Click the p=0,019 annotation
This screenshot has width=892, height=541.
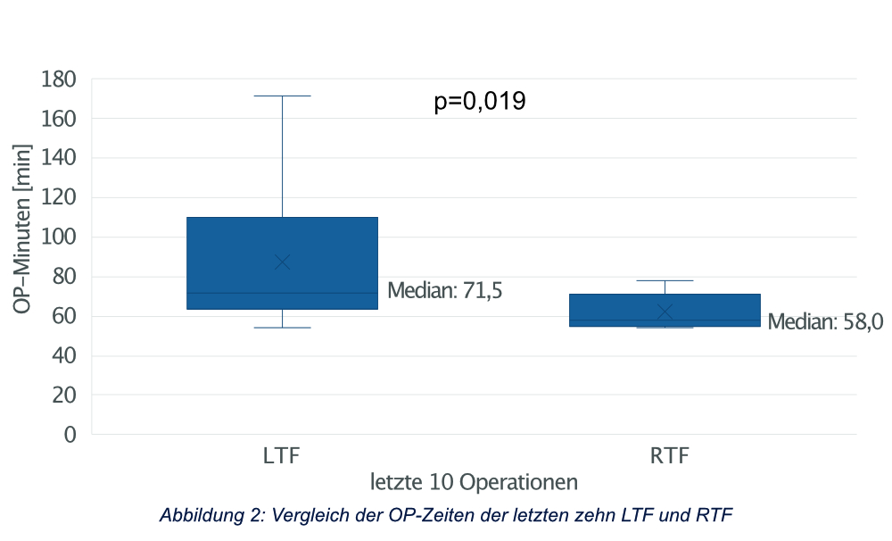click(480, 102)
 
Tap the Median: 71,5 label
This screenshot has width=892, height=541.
click(445, 290)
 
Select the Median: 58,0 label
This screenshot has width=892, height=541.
click(825, 321)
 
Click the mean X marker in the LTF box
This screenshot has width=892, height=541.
click(282, 262)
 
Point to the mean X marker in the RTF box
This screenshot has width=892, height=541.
click(665, 311)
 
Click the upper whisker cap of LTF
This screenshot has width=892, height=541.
click(282, 96)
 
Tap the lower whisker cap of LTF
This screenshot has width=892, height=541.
click(282, 328)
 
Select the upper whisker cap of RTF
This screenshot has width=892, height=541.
click(665, 280)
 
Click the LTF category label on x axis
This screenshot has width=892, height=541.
click(282, 456)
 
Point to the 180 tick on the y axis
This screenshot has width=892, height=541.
click(60, 79)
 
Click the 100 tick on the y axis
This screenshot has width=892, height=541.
click(60, 237)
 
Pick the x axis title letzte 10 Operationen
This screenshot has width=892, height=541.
click(474, 482)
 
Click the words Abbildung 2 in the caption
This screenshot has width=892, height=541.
click(208, 515)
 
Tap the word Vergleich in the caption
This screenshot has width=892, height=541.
click(303, 515)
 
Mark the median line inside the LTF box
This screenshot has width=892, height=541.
click(282, 293)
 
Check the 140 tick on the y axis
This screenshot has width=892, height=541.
click(60, 158)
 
